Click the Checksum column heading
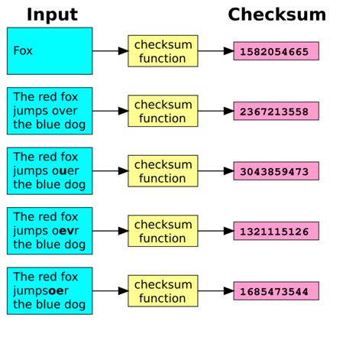point(276,15)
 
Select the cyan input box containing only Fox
point(50,51)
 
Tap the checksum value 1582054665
point(276,51)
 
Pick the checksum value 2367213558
point(276,112)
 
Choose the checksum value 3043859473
point(276,171)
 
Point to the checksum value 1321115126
point(276,231)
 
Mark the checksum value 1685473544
point(276,291)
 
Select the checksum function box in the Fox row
point(163,51)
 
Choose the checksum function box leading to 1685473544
point(163,291)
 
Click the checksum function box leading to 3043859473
point(163,171)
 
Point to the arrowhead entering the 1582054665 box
point(228,51)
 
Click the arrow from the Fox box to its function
point(110,51)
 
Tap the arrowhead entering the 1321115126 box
point(228,231)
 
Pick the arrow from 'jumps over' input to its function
point(110,112)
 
